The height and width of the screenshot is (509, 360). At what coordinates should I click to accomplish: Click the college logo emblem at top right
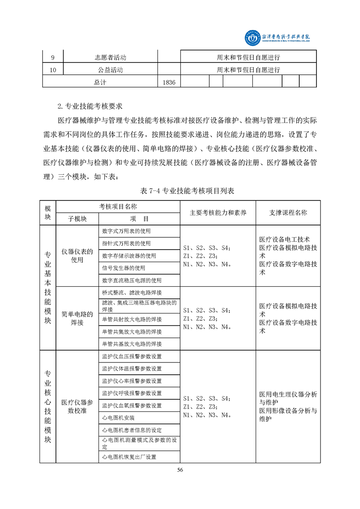click(251, 39)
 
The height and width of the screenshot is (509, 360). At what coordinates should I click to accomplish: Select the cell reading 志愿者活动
click(110, 58)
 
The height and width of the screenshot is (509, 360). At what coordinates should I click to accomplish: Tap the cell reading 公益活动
click(110, 70)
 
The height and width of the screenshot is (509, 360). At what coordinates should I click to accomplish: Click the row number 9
click(53, 58)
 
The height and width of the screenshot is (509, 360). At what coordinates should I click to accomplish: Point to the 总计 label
click(100, 82)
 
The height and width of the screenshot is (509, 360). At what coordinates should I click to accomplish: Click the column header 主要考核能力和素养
click(218, 212)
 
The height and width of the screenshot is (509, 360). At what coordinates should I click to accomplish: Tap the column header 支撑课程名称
click(288, 212)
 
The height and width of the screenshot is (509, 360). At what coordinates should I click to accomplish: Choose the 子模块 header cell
click(77, 218)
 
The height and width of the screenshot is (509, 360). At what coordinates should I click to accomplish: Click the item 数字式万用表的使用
click(126, 231)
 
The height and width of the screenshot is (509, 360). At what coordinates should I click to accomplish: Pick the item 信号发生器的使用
click(123, 268)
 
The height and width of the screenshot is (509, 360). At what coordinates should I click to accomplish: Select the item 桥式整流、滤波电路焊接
click(132, 293)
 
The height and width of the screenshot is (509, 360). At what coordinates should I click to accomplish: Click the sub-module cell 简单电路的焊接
click(77, 318)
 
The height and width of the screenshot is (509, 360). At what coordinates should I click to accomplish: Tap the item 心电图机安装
click(118, 417)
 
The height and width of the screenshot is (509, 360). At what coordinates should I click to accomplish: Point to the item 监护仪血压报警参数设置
click(132, 356)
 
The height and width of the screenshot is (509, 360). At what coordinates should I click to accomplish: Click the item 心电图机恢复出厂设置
click(129, 456)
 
